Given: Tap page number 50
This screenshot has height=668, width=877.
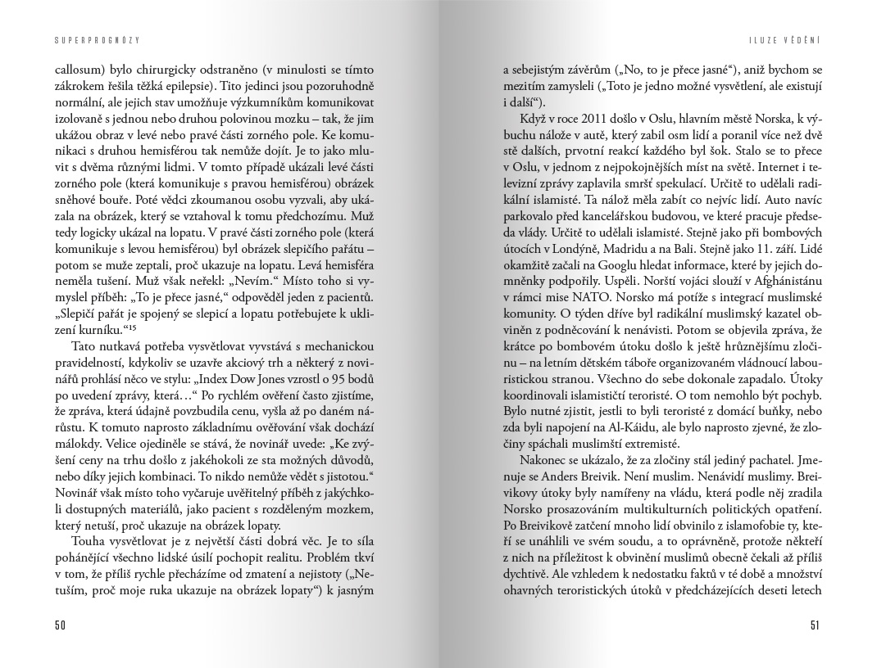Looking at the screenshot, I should point(60,625).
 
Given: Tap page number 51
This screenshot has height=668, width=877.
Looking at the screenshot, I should point(815,625).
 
